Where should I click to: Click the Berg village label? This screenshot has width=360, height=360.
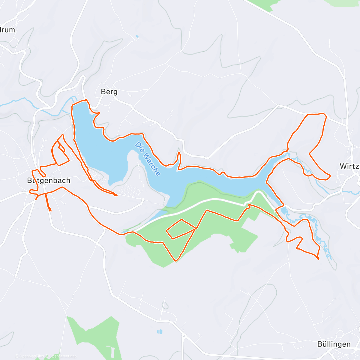(x=109, y=92)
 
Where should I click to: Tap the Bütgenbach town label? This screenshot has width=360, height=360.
(x=49, y=181)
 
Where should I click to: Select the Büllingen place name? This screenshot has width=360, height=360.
(x=334, y=344)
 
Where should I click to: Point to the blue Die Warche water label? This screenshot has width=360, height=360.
(x=147, y=159)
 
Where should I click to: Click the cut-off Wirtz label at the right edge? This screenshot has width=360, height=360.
(x=349, y=166)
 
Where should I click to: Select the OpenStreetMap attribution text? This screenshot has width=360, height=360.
(x=63, y=356)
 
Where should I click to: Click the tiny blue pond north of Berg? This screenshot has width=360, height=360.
(x=137, y=37)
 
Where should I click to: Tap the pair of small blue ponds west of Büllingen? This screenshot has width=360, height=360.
(x=160, y=332)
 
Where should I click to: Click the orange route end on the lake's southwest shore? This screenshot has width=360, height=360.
(x=116, y=195)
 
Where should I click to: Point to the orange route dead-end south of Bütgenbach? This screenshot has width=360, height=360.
(x=50, y=210)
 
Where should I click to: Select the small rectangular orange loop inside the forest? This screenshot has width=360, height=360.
(x=181, y=229)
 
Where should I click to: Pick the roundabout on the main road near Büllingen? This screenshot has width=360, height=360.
(x=184, y=336)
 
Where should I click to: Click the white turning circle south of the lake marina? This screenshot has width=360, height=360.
(x=143, y=200)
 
